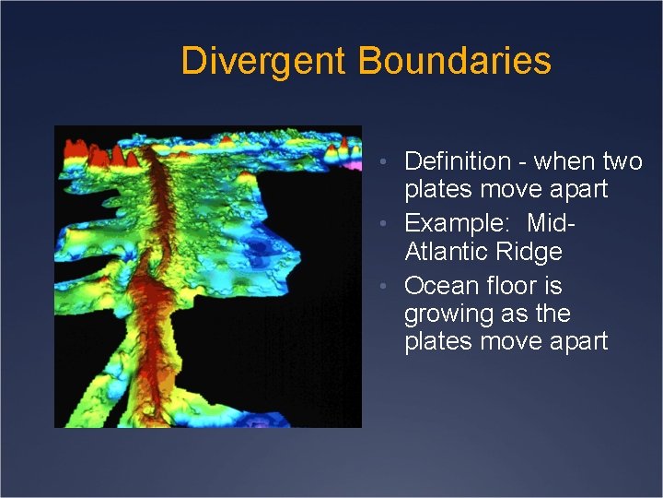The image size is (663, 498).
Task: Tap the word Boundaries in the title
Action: [454, 61]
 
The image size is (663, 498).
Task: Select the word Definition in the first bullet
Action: [457, 161]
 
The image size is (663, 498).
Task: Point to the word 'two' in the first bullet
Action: [622, 161]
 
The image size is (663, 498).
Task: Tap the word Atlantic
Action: [448, 252]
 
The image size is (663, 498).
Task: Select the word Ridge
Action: [530, 252]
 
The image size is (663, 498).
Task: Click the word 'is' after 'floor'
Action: [552, 285]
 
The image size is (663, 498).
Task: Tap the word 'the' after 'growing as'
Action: [552, 314]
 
